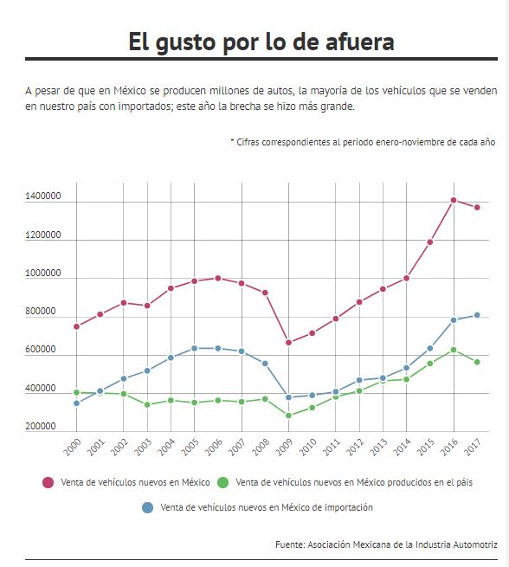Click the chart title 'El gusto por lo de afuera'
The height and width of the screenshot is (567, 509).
coord(261,42)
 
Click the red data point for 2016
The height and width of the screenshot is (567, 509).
coord(454,200)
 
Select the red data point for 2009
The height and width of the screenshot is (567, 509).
coord(288,343)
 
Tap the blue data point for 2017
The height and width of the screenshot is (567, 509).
coord(477,315)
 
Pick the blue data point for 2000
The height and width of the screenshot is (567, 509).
coord(77,403)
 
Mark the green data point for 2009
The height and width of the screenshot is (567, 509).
coord(288,416)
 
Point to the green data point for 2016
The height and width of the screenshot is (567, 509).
coord(454,350)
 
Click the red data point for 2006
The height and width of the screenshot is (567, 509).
coord(218,278)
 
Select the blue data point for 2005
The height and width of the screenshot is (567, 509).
coord(194,348)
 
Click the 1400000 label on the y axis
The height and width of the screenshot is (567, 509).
coord(43,196)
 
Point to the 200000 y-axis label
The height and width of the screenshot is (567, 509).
coord(41,426)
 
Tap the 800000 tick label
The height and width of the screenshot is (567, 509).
coord(41,311)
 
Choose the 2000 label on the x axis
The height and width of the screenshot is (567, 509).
coord(73,448)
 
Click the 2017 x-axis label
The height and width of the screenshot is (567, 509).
coord(473,448)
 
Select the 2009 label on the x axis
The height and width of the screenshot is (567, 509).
coord(284,448)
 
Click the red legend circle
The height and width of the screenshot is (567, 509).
coord(48,482)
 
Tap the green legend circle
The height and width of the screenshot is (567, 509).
coord(223,482)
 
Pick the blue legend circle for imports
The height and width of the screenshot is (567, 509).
coord(147,507)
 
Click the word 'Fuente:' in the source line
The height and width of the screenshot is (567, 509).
coord(290,544)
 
